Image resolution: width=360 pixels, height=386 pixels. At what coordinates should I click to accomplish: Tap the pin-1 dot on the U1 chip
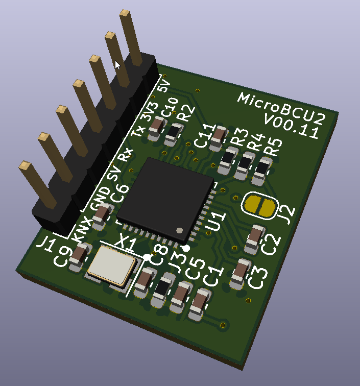pos(180,230)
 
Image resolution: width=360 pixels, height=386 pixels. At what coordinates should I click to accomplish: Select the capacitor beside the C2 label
pos(255,239)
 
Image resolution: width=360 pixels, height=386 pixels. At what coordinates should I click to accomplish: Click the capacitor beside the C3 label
pos(240,273)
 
